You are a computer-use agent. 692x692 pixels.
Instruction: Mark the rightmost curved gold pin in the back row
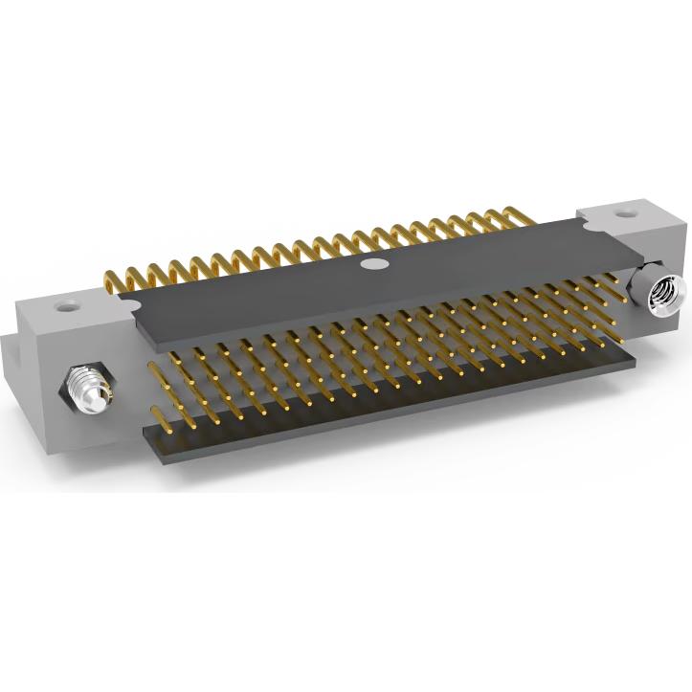click(x=522, y=218)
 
